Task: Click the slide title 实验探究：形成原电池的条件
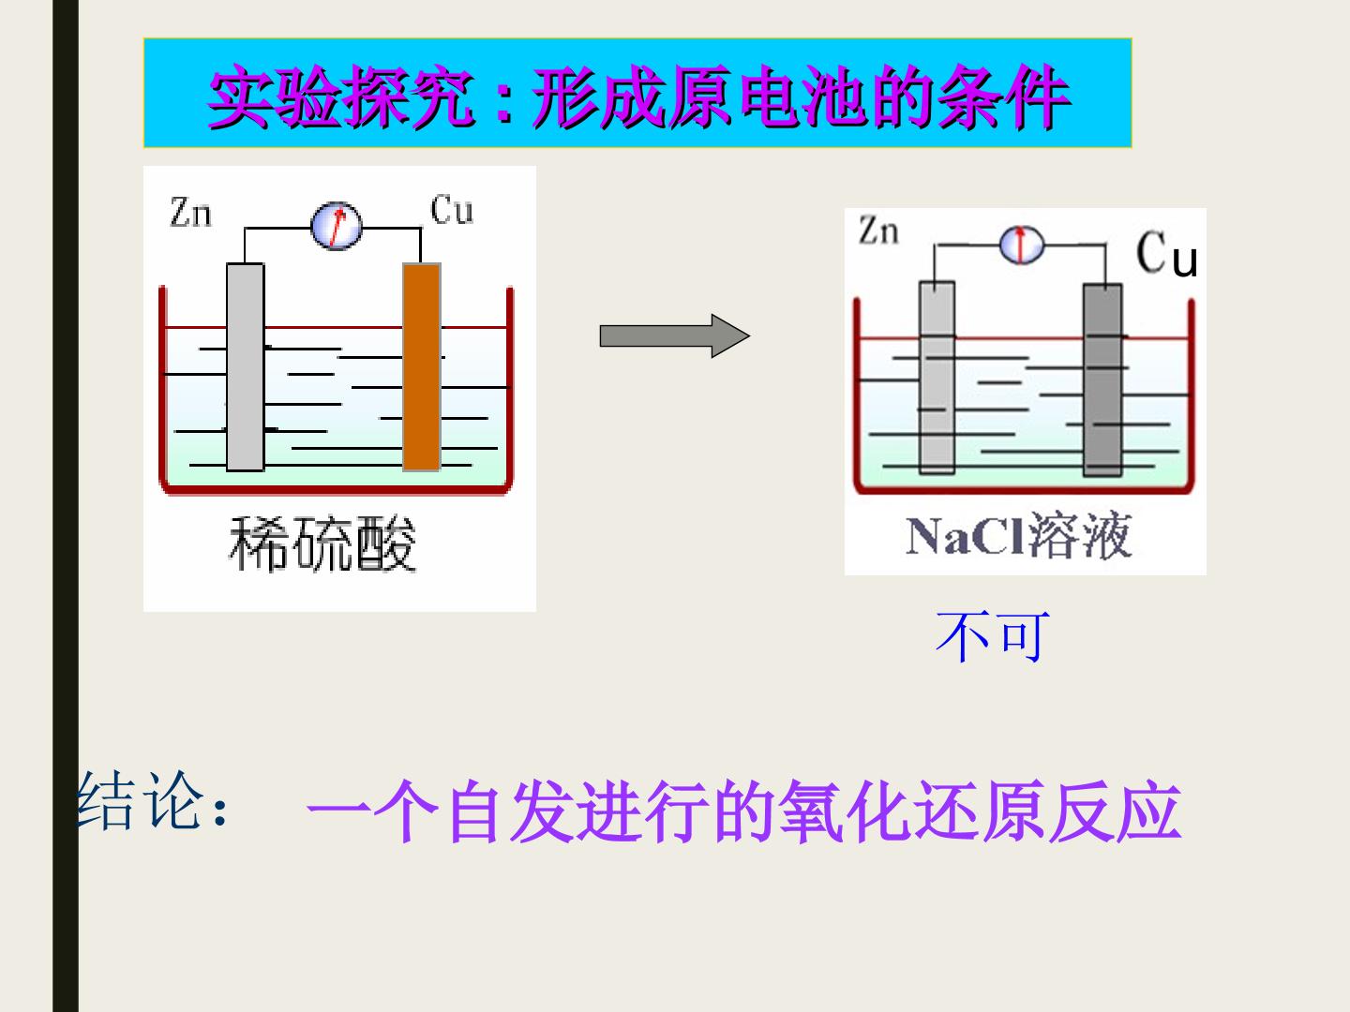639,97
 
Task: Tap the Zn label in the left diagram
190,213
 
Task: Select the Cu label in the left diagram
452,210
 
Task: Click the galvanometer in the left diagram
337,226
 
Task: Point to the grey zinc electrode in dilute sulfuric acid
246,366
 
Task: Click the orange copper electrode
422,366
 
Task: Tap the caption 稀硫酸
322,543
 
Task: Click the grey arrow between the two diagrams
675,335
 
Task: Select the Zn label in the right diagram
878,231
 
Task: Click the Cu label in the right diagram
1167,253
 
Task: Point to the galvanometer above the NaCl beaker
1021,245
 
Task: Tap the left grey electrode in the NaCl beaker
937,378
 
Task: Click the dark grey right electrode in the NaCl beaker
1102,379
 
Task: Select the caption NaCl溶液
1018,535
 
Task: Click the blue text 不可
993,636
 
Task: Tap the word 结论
141,800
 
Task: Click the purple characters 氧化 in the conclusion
844,811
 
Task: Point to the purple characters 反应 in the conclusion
1115,811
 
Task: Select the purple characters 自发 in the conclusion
508,811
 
